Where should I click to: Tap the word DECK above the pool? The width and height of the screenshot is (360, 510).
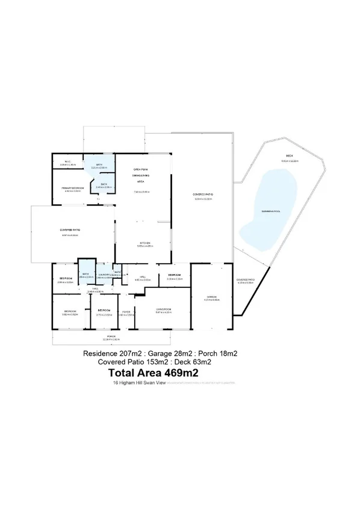coord(290,157)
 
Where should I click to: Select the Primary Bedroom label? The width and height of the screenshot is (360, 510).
coord(71,188)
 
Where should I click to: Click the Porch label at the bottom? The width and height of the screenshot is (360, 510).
coord(111,335)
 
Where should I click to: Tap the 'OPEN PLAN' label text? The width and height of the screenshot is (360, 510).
coord(141,170)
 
